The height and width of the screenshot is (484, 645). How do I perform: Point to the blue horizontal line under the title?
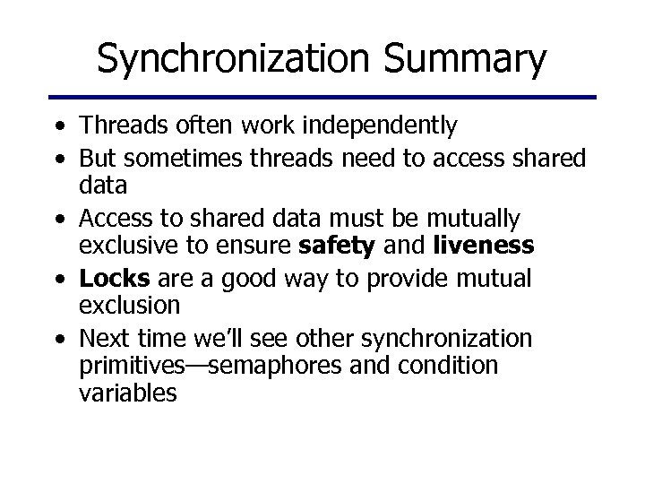coord(322,97)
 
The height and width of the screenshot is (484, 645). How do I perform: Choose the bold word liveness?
coord(485,246)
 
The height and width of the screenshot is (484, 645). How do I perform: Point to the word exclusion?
coord(130,306)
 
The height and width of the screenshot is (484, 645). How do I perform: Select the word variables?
coord(128,394)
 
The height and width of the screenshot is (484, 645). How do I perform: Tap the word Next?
coord(105,339)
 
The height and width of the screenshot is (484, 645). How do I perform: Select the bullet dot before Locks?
coord(57,279)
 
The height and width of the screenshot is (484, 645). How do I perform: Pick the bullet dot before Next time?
coord(57,340)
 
